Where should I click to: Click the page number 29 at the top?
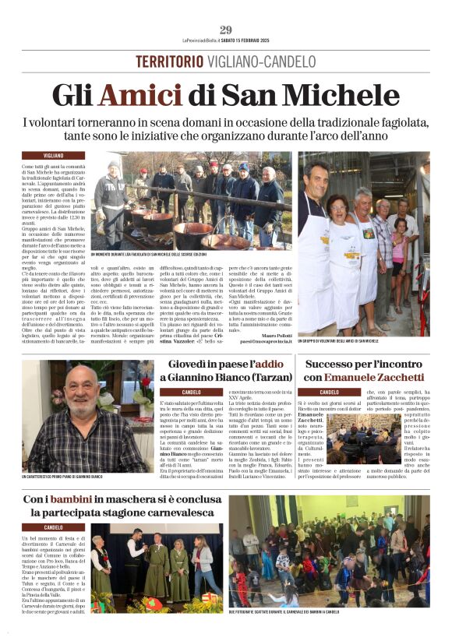pos(226,30)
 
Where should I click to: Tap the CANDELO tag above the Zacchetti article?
pos(319,392)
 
